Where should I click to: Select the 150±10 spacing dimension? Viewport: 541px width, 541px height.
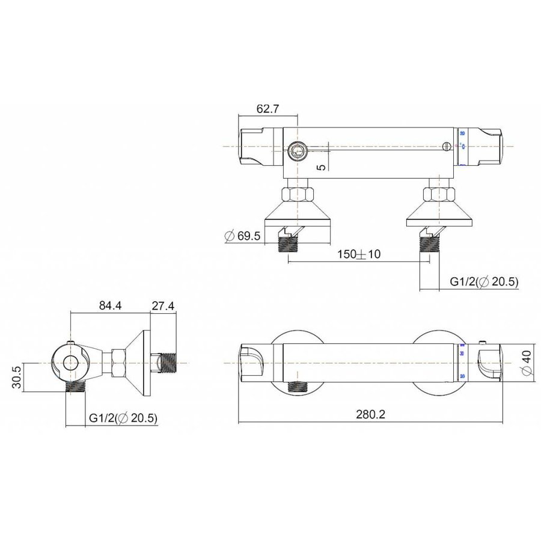pos(358,254)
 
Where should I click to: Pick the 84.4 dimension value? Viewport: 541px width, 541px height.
pos(109,305)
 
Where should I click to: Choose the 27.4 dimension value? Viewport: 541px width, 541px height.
pos(163,305)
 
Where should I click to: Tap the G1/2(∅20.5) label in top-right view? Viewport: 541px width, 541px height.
pos(484,282)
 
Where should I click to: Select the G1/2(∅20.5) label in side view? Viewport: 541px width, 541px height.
pos(123,418)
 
